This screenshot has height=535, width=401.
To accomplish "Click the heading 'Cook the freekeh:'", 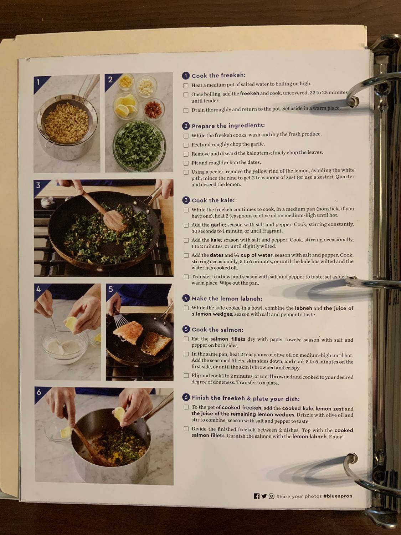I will tap(219, 76).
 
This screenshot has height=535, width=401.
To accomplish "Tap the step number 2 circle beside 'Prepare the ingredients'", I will tap(186, 126).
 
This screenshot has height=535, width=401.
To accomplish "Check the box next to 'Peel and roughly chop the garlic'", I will tap(186, 145).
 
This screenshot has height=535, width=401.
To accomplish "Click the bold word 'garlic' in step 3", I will tap(217, 225).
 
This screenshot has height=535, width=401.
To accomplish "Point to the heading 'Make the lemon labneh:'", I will tap(227, 299).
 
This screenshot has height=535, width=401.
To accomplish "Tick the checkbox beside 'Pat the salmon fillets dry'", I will tap(186, 339).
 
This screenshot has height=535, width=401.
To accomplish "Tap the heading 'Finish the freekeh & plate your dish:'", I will tap(246, 398).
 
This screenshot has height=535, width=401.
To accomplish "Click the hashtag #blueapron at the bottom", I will tap(338, 496).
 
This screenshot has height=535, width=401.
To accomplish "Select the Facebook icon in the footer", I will tap(256, 496).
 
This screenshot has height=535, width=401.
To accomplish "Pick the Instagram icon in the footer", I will tap(272, 496).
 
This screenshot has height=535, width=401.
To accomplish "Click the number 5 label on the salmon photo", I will tap(111, 289).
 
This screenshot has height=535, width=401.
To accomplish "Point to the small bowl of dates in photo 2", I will tap(154, 107).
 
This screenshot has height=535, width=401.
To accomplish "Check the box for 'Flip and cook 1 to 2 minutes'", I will tap(186, 376).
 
